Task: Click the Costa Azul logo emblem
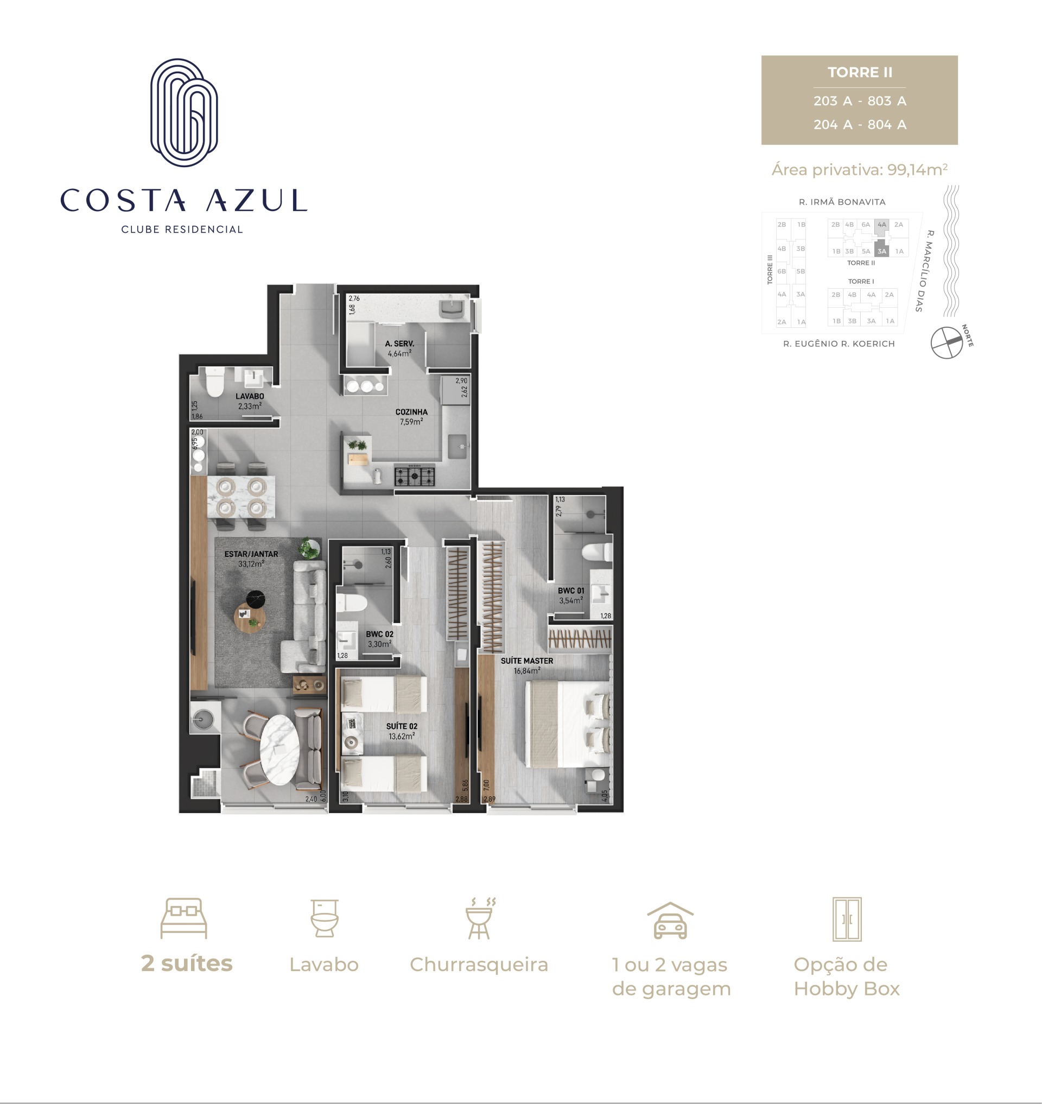pos(184,113)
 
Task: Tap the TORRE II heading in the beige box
pos(860,73)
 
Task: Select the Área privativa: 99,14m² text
pos(859,169)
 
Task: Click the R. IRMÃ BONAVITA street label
pos(842,202)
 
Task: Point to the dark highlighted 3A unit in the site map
pos(881,249)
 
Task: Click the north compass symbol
pos(946,342)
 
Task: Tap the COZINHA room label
pos(411,412)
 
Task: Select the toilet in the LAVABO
pos(214,382)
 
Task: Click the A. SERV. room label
pos(400,344)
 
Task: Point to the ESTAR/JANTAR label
pos(251,554)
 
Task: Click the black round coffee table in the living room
pos(256,598)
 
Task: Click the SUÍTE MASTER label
pos(526,661)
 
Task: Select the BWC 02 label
pos(379,634)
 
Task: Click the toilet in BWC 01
pos(596,553)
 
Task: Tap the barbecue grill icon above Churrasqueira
pos(479,918)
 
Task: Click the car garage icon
pos(670,921)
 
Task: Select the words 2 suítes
pos(187,964)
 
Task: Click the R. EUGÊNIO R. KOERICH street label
pos(838,344)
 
